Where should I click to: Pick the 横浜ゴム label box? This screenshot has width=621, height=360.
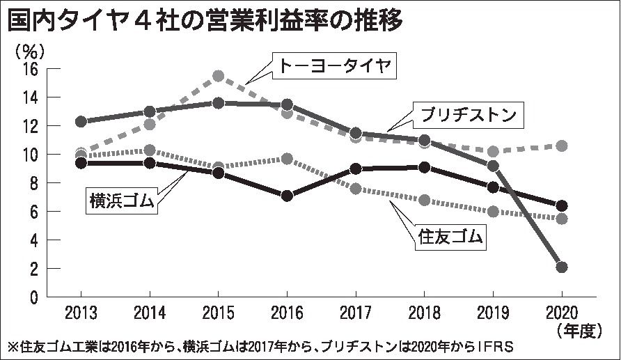point(123,200)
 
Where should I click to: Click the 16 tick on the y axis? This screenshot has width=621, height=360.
point(30,69)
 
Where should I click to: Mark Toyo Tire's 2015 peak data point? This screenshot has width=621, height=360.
point(218,76)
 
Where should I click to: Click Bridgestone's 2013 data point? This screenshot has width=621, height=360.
point(81,122)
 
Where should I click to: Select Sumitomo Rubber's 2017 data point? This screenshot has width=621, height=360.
point(356,189)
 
